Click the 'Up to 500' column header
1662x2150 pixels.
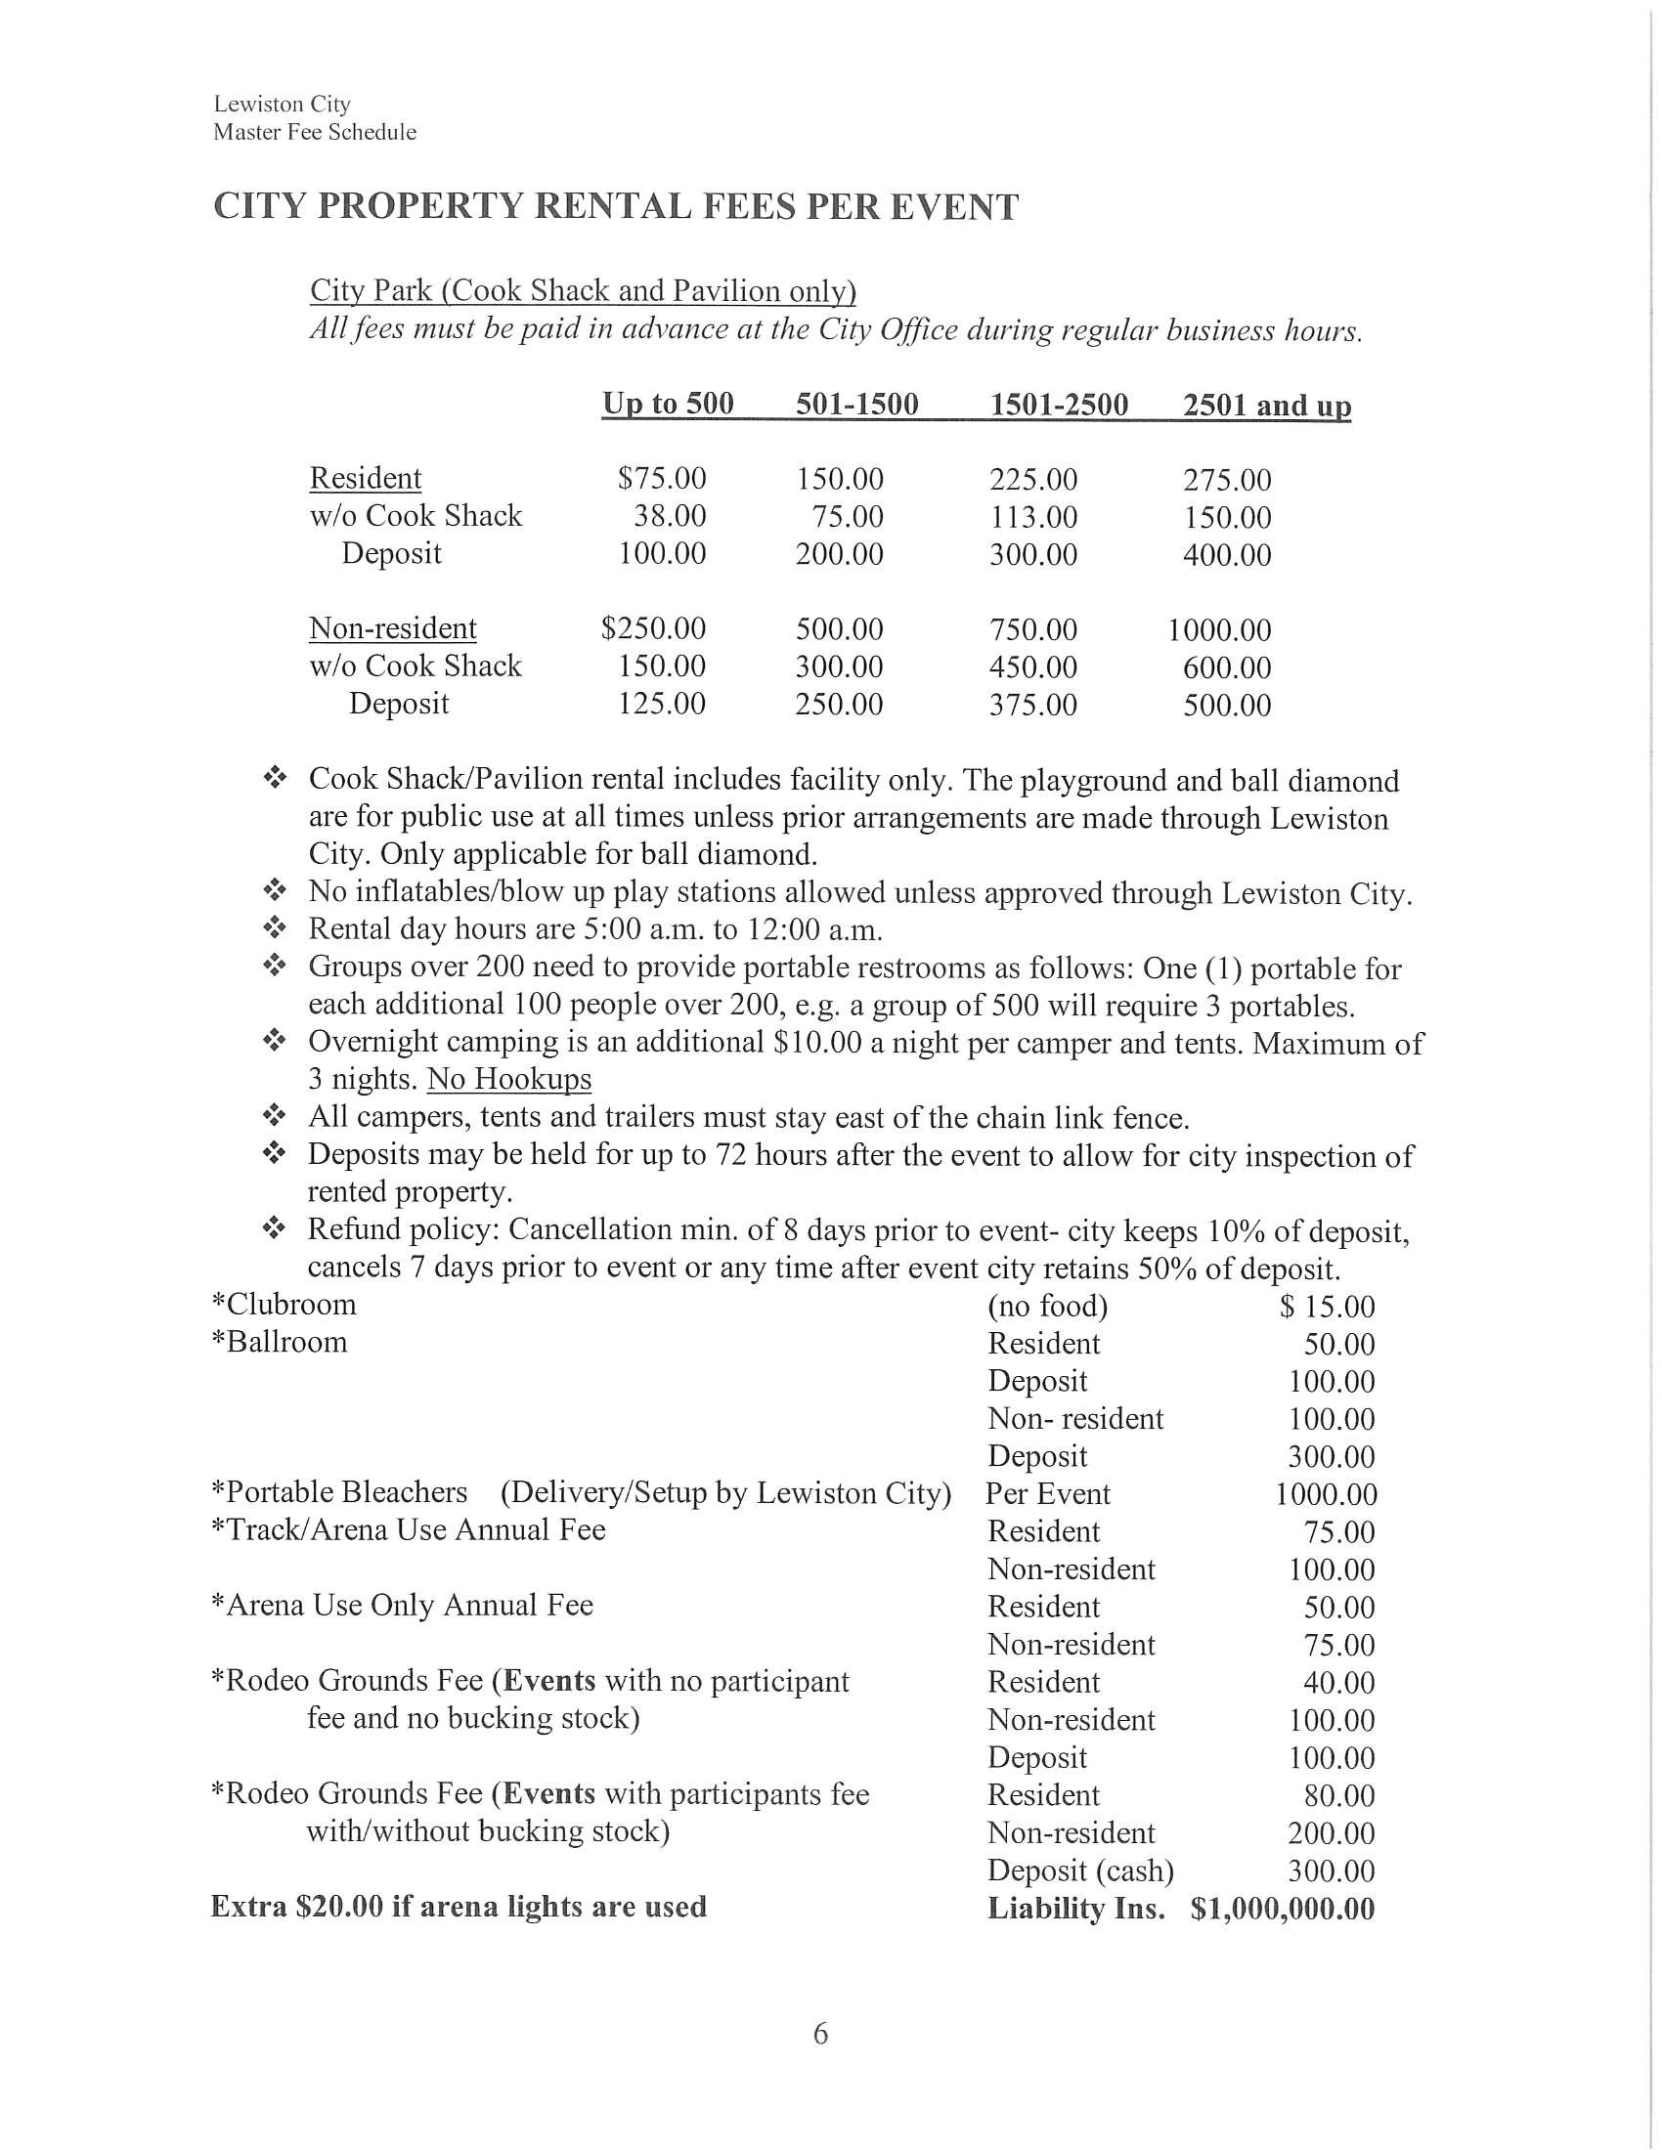pos(668,404)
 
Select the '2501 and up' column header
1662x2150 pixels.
pos(1266,406)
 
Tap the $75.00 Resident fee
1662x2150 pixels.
pos(662,479)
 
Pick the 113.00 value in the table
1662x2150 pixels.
pos(1032,517)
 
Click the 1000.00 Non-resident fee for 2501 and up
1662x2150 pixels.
pos(1219,630)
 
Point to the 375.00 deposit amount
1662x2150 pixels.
pos(1032,705)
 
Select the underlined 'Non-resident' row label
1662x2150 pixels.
pos(393,628)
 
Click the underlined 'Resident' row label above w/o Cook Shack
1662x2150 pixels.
pos(366,478)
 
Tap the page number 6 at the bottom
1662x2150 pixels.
pos(821,2033)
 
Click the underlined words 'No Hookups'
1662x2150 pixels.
pos(509,1079)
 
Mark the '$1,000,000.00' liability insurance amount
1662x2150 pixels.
pos(1282,1909)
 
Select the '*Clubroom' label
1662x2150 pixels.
pos(284,1305)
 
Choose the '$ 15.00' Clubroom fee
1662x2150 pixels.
pos(1328,1307)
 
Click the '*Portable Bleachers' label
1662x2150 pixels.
pos(339,1492)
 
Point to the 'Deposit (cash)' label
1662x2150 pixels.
pos(1080,1870)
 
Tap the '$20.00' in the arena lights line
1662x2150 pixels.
pos(338,1907)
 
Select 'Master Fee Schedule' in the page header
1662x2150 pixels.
pos(315,132)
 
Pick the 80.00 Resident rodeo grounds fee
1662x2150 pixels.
pos(1339,1795)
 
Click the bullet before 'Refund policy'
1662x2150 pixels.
pos(275,1228)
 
